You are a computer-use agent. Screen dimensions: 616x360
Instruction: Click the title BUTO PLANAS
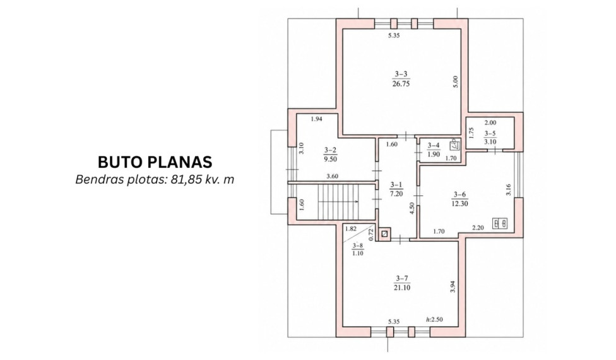tap(155, 162)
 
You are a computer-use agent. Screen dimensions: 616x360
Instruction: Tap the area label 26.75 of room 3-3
tap(401, 84)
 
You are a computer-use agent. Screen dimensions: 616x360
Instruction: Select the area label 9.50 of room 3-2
tap(330, 159)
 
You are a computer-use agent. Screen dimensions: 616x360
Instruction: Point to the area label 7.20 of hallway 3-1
tap(396, 194)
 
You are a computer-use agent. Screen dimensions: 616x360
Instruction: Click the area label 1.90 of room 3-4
tap(434, 155)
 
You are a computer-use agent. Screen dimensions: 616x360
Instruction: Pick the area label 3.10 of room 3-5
tap(490, 142)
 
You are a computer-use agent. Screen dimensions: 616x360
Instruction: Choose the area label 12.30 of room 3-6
tap(459, 203)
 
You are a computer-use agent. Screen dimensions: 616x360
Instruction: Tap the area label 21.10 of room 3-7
tap(402, 288)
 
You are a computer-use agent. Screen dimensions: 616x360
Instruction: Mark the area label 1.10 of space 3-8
tap(357, 253)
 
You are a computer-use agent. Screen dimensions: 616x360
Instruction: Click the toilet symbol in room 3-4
tap(454, 144)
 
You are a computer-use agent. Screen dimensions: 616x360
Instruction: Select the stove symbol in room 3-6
tap(500, 224)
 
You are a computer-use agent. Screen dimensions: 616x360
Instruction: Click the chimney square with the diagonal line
tap(384, 234)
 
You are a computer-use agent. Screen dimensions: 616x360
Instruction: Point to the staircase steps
tap(338, 202)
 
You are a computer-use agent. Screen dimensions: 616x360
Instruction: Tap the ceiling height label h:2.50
tap(434, 320)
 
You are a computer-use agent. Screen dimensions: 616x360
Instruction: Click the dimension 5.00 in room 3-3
tap(456, 81)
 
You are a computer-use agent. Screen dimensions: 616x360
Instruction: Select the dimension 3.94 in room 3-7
tap(453, 287)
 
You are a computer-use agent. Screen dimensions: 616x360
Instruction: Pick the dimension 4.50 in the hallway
tap(412, 208)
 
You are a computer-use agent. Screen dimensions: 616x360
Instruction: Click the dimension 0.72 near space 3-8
tap(370, 234)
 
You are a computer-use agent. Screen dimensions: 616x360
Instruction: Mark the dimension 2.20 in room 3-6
tap(478, 227)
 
